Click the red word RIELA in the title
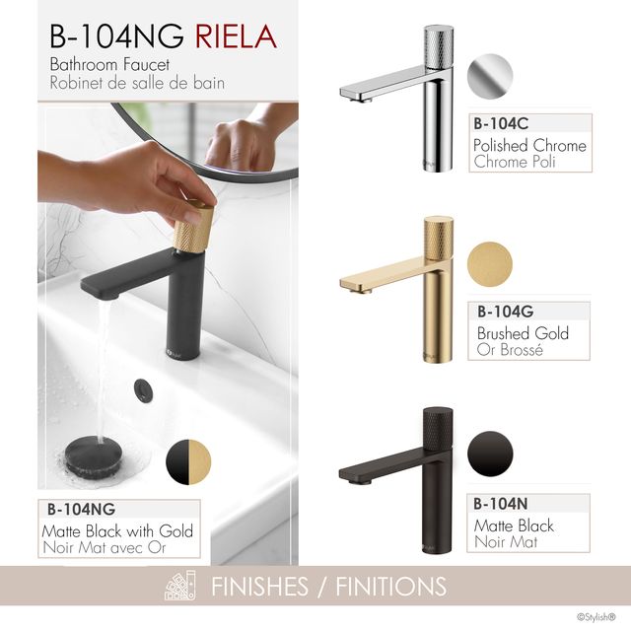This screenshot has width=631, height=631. (237, 36)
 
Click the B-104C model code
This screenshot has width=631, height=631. (501, 123)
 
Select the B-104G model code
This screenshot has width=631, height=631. (506, 312)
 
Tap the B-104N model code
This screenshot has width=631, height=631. (501, 504)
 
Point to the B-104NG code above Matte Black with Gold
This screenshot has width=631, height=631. (81, 510)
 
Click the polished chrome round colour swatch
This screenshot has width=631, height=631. (490, 77)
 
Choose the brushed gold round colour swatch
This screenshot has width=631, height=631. (490, 264)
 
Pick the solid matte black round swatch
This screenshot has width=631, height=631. (490, 454)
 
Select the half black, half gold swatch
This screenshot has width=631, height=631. (188, 462)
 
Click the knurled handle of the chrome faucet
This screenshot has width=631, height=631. (439, 47)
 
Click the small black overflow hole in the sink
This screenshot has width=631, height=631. (143, 388)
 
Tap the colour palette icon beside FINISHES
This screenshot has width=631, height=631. (180, 586)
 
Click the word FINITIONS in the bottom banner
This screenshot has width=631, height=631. (391, 587)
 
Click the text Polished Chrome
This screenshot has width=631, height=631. (529, 145)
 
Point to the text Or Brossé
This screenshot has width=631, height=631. (510, 349)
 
